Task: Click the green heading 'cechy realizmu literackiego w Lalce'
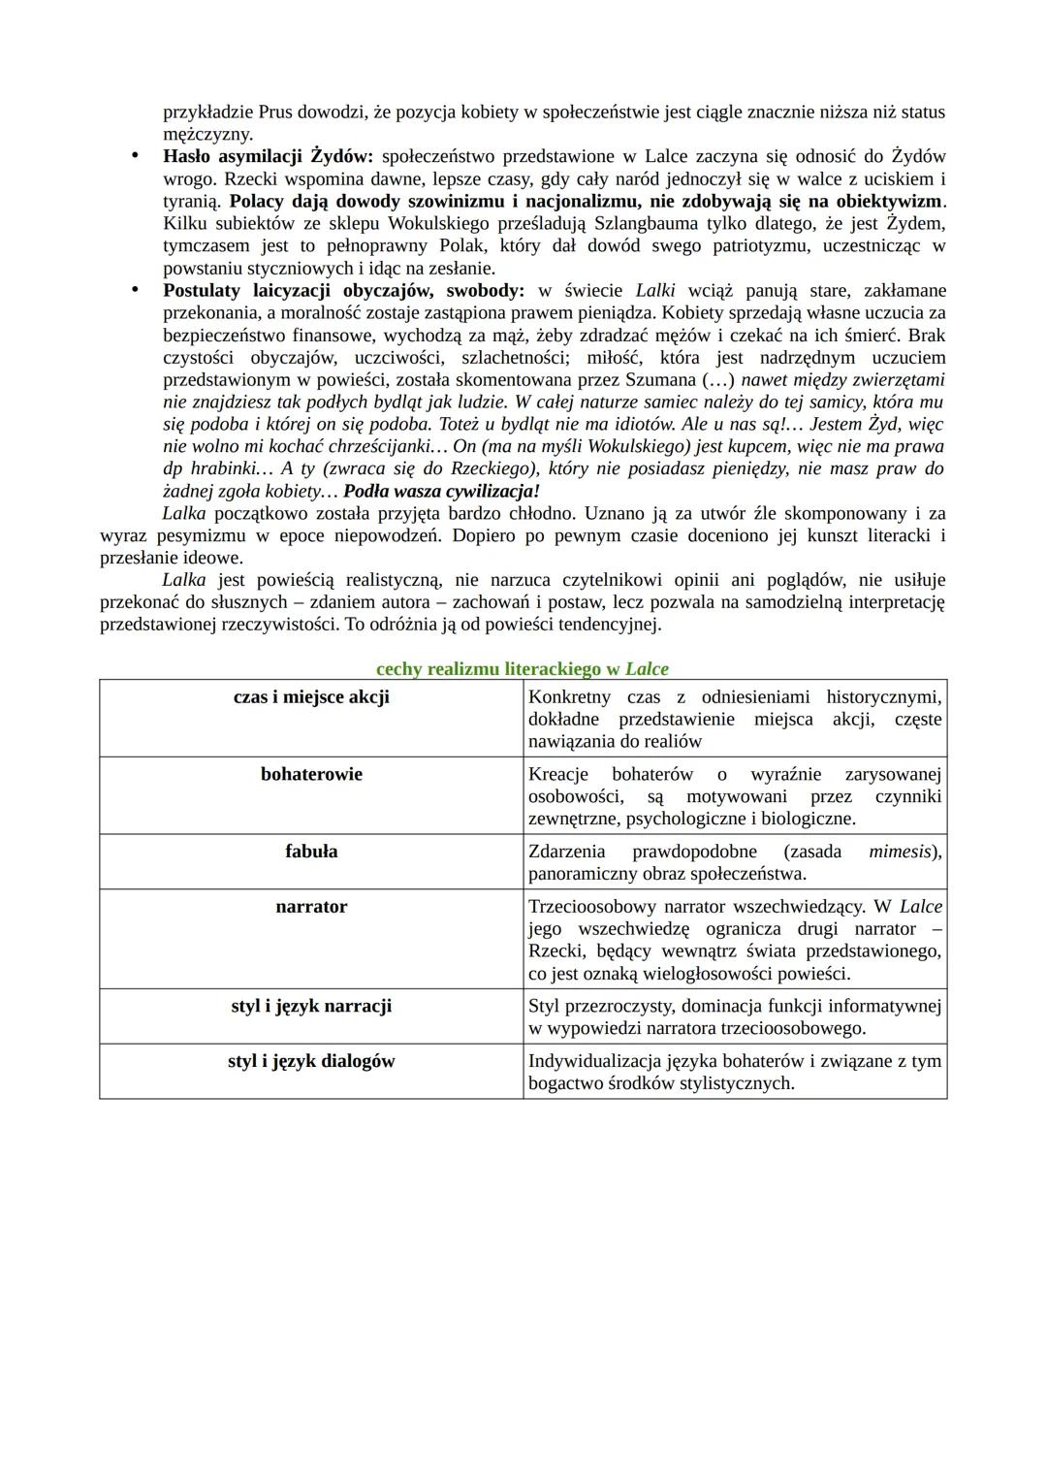(522, 668)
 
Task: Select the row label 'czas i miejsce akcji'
(311, 696)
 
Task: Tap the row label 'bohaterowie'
(311, 774)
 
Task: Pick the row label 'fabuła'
(311, 851)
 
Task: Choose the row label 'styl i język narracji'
(311, 1006)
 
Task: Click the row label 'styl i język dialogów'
(311, 1061)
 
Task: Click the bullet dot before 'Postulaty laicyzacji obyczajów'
(137, 290)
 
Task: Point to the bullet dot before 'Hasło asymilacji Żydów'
(137, 156)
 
